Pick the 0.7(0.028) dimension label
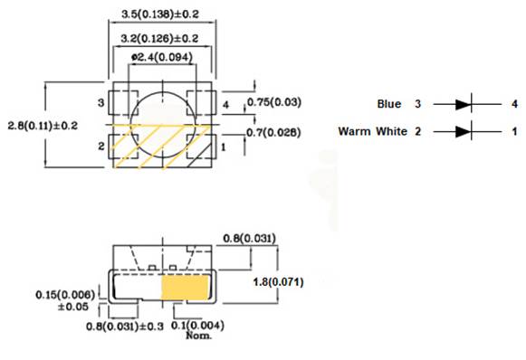click(273, 133)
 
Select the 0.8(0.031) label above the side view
click(251, 238)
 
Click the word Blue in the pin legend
click(388, 105)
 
